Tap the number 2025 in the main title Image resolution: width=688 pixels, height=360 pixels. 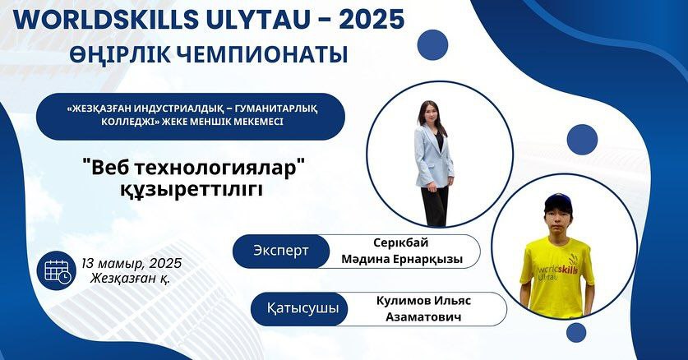coord(372,19)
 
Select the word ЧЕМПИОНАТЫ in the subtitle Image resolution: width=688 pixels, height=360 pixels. coord(263,54)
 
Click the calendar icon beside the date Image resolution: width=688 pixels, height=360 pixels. coord(57,270)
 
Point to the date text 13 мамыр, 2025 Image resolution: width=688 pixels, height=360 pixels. coord(132,263)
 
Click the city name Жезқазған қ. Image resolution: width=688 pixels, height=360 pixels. coord(131,278)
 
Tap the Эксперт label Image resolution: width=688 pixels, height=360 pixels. coord(281,251)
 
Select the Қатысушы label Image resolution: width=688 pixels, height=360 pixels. coord(302,308)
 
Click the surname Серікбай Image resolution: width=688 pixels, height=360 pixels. coord(401,243)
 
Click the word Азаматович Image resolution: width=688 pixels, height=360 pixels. coord(423,317)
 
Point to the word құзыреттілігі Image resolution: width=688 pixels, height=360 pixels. coord(192,190)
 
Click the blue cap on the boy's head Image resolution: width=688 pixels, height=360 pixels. coord(557,201)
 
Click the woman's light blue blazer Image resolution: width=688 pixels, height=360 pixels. coord(433,156)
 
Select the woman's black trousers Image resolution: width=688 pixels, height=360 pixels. coord(435,205)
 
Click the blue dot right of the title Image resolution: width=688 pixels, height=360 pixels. coord(432,44)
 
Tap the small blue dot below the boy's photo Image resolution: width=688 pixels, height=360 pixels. coord(576,332)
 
